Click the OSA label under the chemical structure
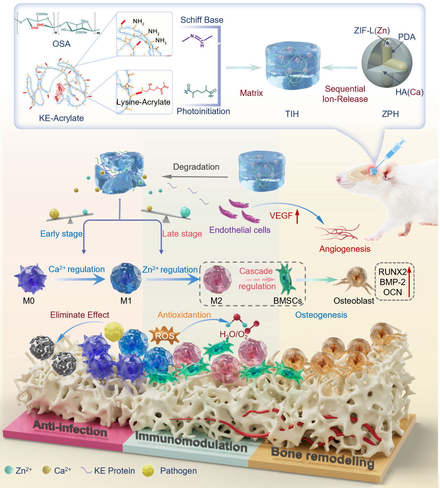pyautogui.click(x=62, y=44)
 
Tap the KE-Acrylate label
pyautogui.click(x=61, y=118)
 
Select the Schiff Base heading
pyautogui.click(x=202, y=20)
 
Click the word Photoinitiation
pyautogui.click(x=203, y=111)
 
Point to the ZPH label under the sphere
pyautogui.click(x=390, y=114)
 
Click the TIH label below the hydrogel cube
pyautogui.click(x=292, y=114)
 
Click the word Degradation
pyautogui.click(x=196, y=167)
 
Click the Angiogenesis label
pyautogui.click(x=345, y=249)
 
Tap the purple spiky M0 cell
pyautogui.click(x=30, y=279)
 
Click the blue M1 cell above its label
pyautogui.click(x=126, y=278)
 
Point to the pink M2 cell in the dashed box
pyautogui.click(x=217, y=279)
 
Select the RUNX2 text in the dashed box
pyautogui.click(x=392, y=272)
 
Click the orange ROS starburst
pyautogui.click(x=165, y=336)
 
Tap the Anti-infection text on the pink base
pyautogui.click(x=70, y=429)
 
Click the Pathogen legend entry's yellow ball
pyautogui.click(x=148, y=470)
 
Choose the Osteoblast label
pyautogui.click(x=354, y=301)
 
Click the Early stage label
pyautogui.click(x=62, y=234)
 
